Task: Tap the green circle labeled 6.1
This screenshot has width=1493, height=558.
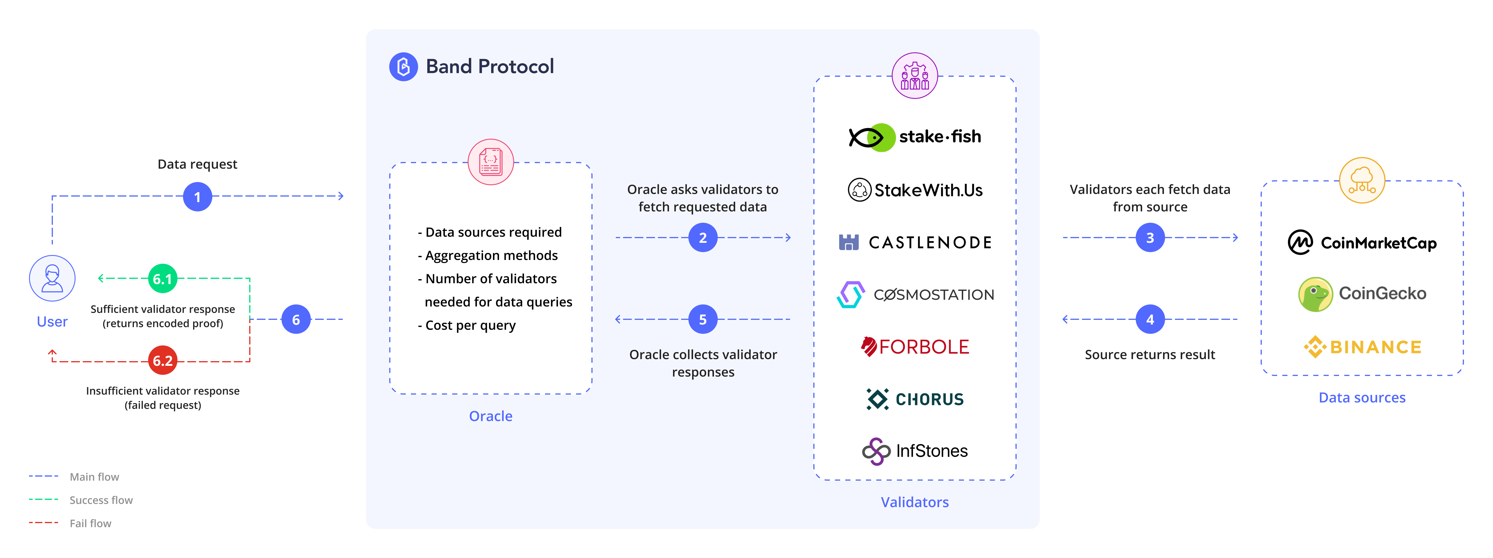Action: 163,279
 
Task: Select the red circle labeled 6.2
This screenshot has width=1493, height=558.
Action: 163,361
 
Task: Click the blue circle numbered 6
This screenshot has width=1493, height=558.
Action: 296,319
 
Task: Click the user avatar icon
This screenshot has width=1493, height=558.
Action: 52,279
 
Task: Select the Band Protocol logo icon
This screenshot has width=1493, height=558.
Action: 403,67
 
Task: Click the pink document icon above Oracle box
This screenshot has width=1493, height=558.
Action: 491,162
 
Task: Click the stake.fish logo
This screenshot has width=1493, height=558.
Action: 915,137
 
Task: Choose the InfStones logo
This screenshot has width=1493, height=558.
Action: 915,451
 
